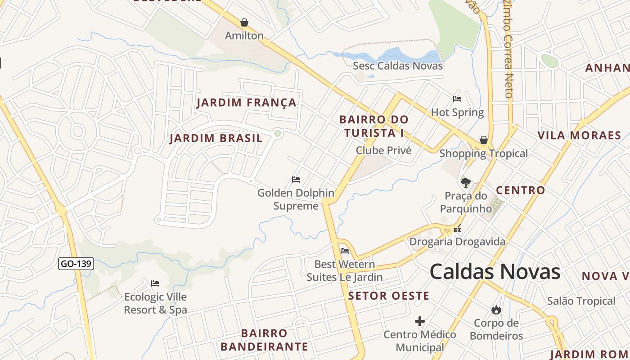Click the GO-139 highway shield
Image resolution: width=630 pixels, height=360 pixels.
click(76, 264)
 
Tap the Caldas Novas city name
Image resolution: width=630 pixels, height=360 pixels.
click(495, 272)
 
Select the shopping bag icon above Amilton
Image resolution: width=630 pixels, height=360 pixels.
click(244, 22)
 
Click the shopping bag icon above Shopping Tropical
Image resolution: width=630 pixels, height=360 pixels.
click(484, 140)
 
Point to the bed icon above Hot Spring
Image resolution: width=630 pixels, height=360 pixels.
click(457, 99)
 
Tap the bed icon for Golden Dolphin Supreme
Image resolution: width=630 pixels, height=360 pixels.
click(296, 180)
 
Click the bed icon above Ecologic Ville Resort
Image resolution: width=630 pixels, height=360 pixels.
click(155, 283)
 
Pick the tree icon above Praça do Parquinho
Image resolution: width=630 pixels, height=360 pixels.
click(465, 182)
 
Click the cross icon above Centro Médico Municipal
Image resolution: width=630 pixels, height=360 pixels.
click(420, 321)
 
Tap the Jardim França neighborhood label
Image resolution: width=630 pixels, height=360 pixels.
click(247, 103)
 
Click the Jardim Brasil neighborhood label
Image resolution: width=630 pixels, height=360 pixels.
click(216, 138)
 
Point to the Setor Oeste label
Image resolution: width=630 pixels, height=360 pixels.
click(389, 296)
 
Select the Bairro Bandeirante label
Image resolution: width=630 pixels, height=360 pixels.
click(264, 340)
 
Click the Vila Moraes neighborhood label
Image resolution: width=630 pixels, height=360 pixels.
click(579, 135)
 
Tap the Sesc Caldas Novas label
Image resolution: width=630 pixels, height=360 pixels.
click(398, 66)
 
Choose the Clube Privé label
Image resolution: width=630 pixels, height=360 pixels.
click(383, 150)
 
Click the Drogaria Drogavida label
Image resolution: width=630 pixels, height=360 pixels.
click(457, 242)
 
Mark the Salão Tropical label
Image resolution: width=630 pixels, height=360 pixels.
click(581, 301)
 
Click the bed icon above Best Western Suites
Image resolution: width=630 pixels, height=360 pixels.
click(345, 251)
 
